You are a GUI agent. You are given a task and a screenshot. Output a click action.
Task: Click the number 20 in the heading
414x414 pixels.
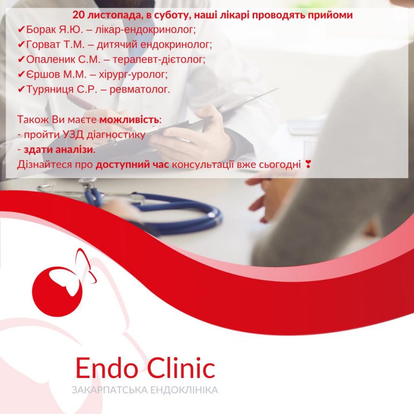pos(78,15)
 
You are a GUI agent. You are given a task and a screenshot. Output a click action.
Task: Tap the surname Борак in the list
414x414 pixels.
pos(41,30)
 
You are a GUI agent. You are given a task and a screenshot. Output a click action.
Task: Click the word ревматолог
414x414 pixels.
pos(139,90)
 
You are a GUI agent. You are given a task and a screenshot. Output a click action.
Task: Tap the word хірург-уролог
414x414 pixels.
pos(133,75)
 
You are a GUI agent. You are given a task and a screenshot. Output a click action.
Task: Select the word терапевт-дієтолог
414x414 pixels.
pos(159,60)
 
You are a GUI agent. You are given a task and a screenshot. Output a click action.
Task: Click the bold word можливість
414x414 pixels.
pos(129,120)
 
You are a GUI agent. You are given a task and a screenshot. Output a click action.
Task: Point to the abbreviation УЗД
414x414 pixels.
pos(74,135)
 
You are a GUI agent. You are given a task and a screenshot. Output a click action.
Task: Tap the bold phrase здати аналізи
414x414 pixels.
pos(58,150)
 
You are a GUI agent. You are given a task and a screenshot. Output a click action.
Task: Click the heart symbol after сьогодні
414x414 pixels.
pos(308,165)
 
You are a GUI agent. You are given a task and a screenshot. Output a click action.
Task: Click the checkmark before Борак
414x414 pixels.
pos(21,30)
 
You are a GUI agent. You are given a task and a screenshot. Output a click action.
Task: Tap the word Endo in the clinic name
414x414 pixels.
pos(107,368)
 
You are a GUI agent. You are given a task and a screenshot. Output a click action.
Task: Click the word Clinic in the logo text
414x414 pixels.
pos(181,368)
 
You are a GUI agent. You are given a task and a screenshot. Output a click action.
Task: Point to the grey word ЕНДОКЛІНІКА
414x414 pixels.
pos(184,390)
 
